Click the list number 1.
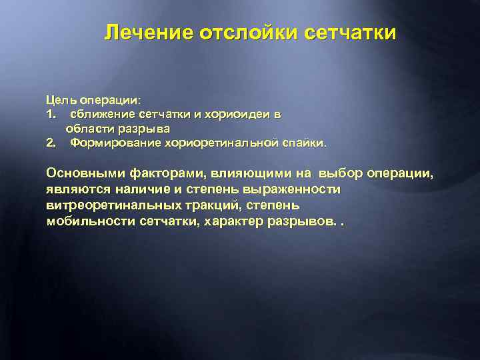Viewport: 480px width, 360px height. [51, 114]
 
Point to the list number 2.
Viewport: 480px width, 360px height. [51, 142]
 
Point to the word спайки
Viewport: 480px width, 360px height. [304, 142]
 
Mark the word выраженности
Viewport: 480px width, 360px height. [286, 189]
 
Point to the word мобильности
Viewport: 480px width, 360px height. [91, 221]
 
